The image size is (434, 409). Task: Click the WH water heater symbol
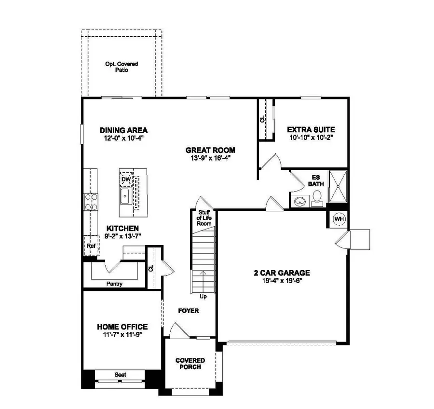pos(339,219)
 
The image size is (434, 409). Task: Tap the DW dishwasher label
pos(126,179)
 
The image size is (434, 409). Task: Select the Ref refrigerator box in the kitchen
pos(91,245)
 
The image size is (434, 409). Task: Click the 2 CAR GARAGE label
pos(282,273)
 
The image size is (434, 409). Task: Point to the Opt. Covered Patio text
pos(122,67)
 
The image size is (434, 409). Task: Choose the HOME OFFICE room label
pos(122,327)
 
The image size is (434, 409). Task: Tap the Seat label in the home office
pos(120,374)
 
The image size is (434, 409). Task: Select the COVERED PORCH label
pos(190,364)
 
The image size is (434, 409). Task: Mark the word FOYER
pos(189,311)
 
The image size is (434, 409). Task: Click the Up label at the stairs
pos(203,296)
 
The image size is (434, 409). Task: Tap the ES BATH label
pos(315,180)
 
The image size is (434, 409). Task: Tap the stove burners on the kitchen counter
pos(91,202)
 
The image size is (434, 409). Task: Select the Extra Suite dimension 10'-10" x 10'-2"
pos(311,137)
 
